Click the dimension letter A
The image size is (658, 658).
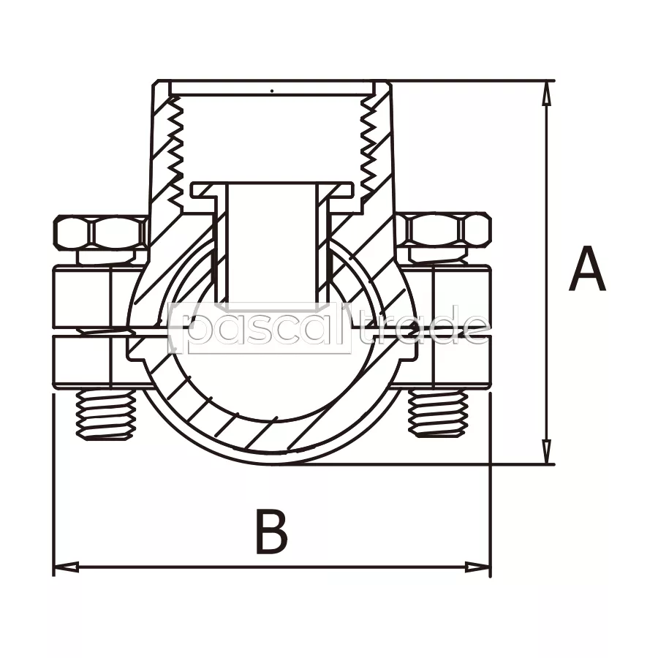click(x=587, y=269)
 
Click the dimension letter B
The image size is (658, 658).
click(x=271, y=531)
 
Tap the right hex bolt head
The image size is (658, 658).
click(x=447, y=230)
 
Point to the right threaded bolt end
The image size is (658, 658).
click(x=438, y=413)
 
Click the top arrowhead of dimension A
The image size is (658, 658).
click(x=546, y=93)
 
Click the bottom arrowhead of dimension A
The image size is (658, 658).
click(x=546, y=452)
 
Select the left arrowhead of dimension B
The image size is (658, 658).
click(x=67, y=567)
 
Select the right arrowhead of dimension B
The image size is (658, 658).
click(x=477, y=567)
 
